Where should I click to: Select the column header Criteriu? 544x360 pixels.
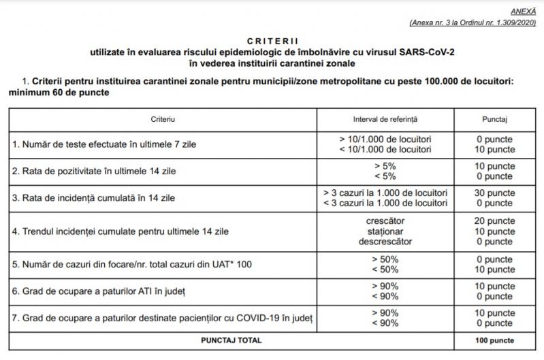[x=163, y=118]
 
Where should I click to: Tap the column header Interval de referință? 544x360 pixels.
[x=385, y=118]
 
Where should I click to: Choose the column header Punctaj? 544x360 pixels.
[x=495, y=118]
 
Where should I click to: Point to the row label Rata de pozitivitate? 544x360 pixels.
[x=95, y=171]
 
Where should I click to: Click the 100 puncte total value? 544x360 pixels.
[x=494, y=340]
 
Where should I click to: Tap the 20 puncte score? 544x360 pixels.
[x=494, y=221]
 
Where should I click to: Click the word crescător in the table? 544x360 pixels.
[x=385, y=221]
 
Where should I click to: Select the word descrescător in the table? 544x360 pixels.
[x=385, y=242]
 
